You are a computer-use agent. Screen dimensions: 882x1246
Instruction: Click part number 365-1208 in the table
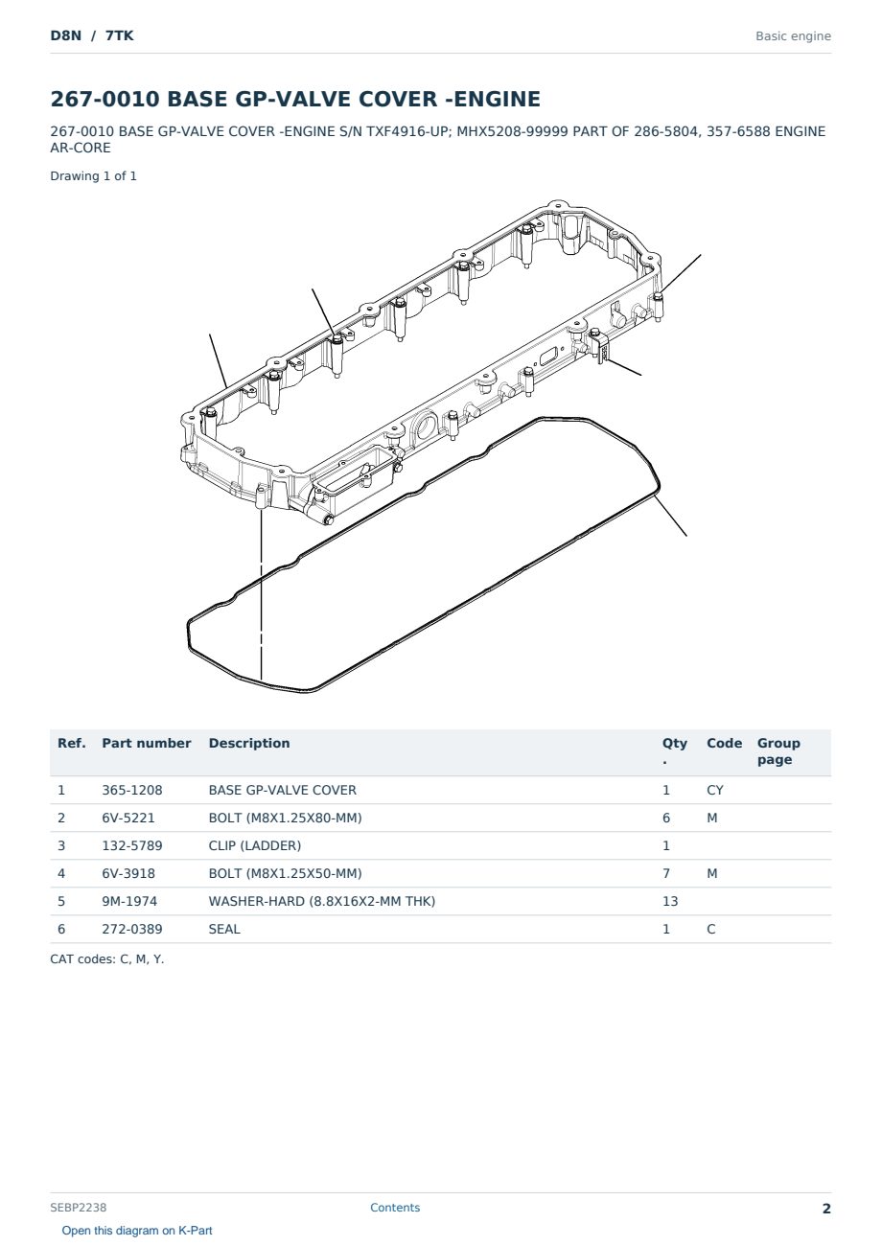click(x=132, y=790)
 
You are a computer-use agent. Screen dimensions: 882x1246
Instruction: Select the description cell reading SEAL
click(x=224, y=929)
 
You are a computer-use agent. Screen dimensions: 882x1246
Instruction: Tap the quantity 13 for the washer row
click(x=670, y=901)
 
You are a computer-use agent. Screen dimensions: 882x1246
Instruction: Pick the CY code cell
click(x=715, y=790)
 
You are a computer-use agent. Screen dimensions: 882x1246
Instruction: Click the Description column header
click(x=249, y=743)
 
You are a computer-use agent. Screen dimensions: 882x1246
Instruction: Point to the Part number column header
click(x=147, y=743)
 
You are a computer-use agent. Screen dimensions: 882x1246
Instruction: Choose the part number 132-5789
click(x=132, y=845)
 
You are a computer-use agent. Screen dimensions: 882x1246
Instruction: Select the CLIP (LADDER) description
click(x=255, y=845)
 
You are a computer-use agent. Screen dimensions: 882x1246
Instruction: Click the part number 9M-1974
click(x=129, y=901)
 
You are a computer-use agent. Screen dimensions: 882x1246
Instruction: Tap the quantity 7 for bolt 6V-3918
click(x=666, y=873)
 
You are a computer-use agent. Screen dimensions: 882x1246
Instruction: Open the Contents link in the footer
click(x=395, y=1208)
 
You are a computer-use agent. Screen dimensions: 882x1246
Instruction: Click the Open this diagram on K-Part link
click(x=137, y=1231)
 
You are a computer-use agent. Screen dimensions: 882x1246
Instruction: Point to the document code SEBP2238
click(x=79, y=1208)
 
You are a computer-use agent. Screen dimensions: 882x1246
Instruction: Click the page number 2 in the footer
click(x=826, y=1209)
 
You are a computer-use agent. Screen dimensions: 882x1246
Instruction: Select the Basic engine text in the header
click(x=793, y=36)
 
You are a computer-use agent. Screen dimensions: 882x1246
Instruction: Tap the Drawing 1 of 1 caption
click(x=94, y=176)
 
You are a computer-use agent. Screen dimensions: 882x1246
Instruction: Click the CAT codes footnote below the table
click(x=107, y=959)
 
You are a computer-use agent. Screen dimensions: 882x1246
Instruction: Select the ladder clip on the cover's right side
click(x=600, y=347)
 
